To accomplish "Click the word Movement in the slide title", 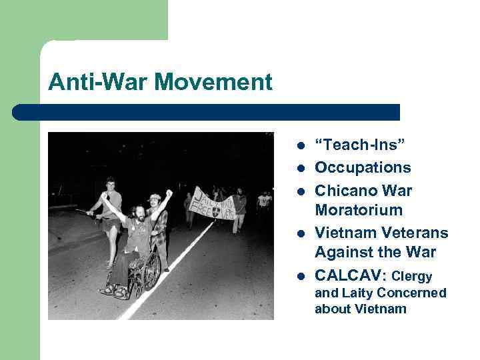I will point(219,83).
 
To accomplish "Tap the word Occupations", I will point(363,167).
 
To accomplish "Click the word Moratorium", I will point(359,210).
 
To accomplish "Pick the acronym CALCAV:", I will point(351,275).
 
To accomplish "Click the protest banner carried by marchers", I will point(211,203).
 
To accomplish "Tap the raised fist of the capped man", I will point(169,193).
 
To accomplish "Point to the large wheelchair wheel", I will point(152,271).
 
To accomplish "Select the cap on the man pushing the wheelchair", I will point(155,197).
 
